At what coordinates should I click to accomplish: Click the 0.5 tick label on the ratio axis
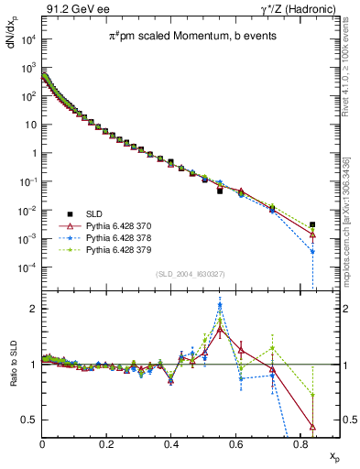[x=29, y=420]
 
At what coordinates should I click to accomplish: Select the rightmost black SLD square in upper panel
[x=312, y=224]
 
